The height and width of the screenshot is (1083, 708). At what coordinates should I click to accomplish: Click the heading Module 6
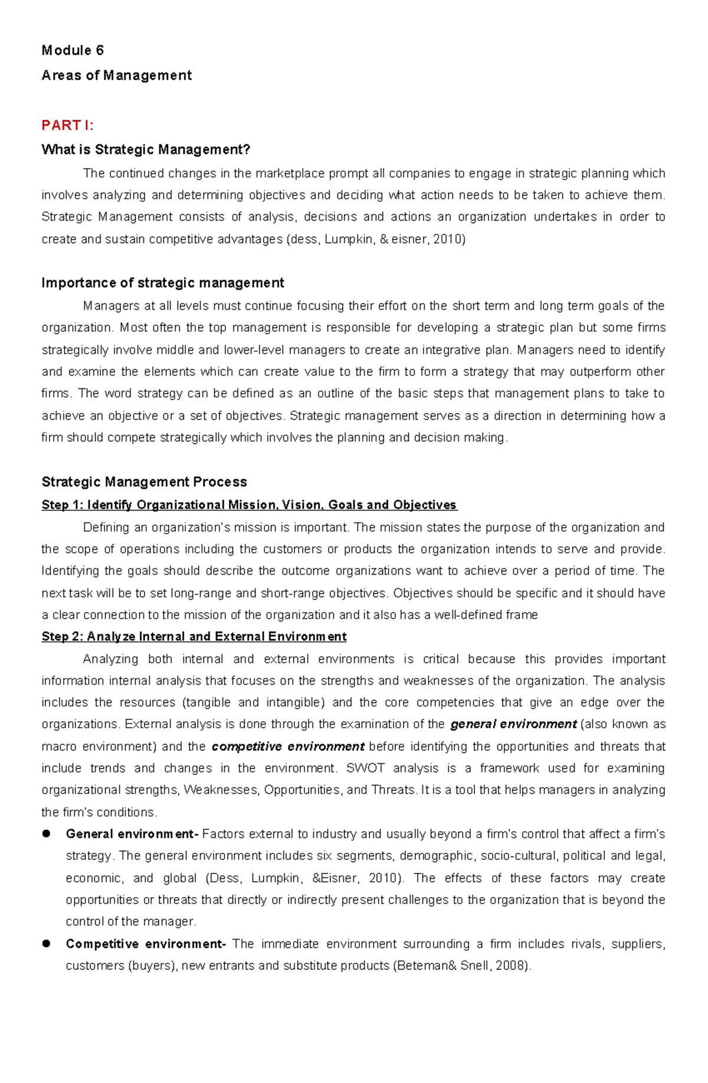point(73,51)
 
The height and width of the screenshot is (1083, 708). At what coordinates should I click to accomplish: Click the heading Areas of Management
point(116,76)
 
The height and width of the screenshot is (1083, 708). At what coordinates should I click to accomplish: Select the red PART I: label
point(67,125)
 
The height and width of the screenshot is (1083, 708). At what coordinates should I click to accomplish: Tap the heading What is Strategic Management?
point(146,150)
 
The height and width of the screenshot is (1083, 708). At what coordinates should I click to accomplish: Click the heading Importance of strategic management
point(162,283)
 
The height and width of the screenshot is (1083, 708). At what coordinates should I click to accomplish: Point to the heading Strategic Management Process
point(144,482)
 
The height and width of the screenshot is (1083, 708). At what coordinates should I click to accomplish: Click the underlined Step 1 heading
point(249,505)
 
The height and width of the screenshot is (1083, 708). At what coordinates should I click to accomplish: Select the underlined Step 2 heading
point(194,637)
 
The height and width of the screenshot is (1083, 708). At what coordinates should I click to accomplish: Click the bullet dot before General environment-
point(46,834)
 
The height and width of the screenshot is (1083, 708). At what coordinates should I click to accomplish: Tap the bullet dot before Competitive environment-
point(46,944)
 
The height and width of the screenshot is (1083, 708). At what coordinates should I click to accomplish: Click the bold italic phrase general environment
point(513,725)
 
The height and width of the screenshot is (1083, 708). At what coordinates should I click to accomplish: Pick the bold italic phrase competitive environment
point(287,747)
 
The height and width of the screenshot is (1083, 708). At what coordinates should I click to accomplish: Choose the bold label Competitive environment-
point(146,944)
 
